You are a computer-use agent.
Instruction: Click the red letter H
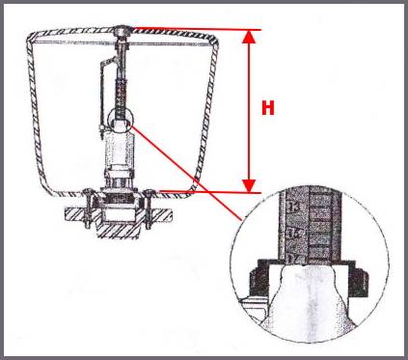click(268, 107)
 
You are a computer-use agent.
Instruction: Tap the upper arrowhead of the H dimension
click(250, 36)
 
